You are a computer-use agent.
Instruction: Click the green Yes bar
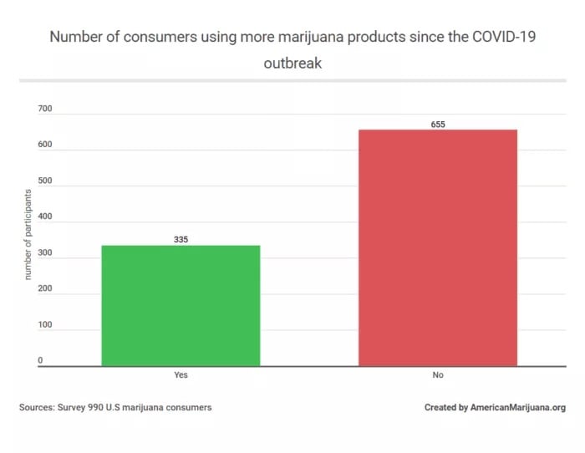pos(181,305)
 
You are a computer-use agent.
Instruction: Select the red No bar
pos(437,247)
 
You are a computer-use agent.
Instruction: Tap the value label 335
pos(181,239)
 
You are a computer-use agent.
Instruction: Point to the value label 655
pos(438,125)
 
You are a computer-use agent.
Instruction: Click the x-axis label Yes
pos(181,375)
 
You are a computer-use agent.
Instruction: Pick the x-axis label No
pos(437,375)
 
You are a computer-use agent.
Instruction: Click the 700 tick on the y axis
pos(44,109)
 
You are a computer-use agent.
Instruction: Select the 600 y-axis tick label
pos(44,145)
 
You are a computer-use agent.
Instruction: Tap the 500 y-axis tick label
pos(44,181)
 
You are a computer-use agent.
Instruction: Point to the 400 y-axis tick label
pos(44,217)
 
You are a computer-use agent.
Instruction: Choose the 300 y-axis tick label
pos(44,253)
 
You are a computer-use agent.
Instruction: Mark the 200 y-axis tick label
pos(44,289)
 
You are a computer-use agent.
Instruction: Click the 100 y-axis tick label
pos(44,325)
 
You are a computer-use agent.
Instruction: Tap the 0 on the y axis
pos(39,361)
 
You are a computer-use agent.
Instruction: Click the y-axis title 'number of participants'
pos(28,235)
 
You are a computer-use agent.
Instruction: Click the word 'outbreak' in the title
pos(292,62)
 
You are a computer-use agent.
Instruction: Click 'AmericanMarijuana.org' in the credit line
pos(518,408)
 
